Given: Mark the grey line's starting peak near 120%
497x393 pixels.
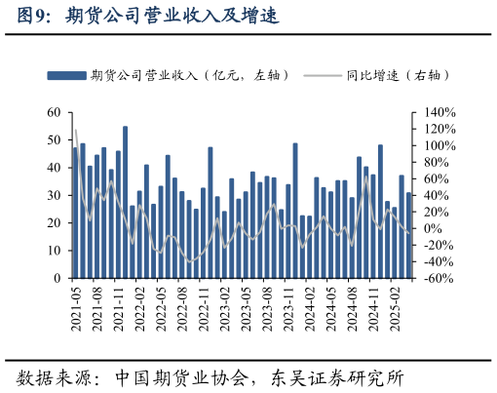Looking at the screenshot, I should point(76,130).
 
